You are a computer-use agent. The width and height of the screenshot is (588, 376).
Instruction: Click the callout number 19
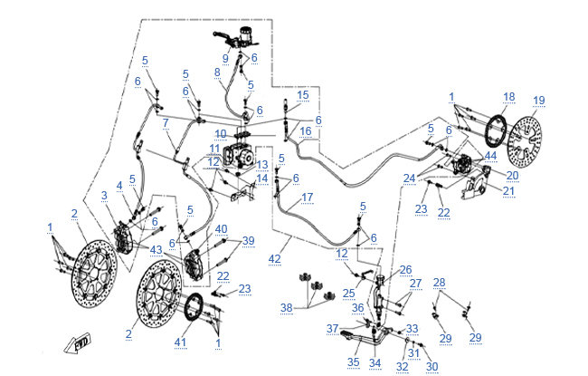[539, 101]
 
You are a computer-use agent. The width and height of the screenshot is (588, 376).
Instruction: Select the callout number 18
[509, 96]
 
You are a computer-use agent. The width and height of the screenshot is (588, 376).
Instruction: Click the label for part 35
[351, 362]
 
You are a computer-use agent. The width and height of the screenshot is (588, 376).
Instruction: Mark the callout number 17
[308, 197]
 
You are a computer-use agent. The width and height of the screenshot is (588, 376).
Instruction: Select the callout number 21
[507, 190]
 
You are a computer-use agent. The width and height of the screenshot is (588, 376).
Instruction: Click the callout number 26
[405, 269]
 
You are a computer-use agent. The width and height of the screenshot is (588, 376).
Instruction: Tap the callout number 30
[432, 366]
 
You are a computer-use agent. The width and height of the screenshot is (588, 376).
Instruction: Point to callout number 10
[221, 134]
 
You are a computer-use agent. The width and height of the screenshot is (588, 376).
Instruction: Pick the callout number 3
[104, 195]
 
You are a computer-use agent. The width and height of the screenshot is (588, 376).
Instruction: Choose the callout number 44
[491, 156]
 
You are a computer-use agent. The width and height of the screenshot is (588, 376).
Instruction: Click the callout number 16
[307, 132]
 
